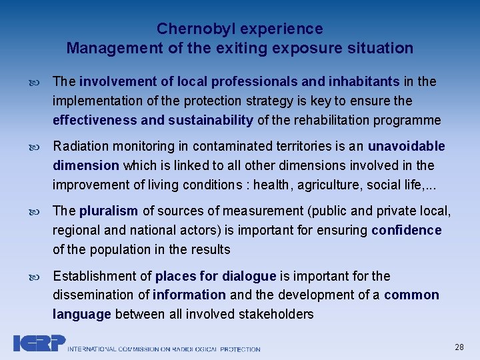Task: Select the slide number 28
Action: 459,347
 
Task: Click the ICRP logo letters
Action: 39,343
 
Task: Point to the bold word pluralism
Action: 109,211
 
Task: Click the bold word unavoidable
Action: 406,146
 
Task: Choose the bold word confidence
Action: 407,230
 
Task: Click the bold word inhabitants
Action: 362,81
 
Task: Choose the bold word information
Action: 189,295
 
